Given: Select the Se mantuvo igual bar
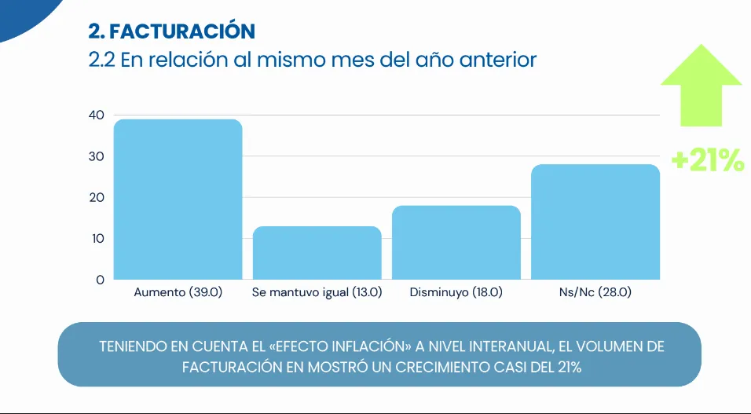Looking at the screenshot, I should point(317,252).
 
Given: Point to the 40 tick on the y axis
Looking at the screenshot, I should point(96,115).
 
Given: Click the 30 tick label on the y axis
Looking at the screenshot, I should point(96,156).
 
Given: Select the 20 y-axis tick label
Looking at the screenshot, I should point(96,197).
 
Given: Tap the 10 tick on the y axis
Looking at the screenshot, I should point(96,238).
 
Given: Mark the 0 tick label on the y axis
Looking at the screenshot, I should point(100,280).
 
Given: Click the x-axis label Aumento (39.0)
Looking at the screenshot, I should point(178,292).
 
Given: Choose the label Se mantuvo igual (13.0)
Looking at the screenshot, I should point(317,292).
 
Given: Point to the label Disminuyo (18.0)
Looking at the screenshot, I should point(456,292).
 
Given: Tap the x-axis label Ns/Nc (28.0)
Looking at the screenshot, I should point(595,292).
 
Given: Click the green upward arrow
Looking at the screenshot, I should point(701,85).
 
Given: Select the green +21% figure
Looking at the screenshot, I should point(707,160).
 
